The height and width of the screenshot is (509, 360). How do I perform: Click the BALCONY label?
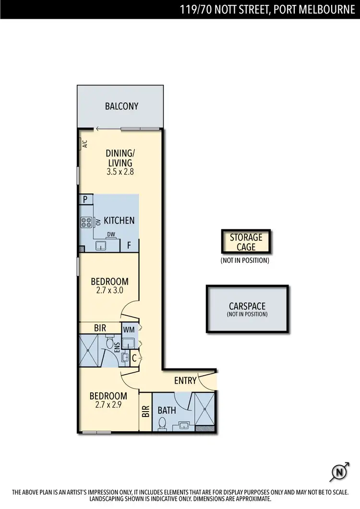121,106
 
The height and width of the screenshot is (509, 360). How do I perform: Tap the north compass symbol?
340,473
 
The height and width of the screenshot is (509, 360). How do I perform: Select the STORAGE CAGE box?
246,242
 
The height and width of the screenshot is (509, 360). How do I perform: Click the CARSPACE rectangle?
247,309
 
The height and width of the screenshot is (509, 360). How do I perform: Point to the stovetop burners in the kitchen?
87,222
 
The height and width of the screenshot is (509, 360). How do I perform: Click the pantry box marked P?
86,200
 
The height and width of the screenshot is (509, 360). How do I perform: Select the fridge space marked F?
129,246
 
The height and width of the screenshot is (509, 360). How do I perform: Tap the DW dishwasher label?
111,235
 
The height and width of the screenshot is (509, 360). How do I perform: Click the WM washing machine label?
129,330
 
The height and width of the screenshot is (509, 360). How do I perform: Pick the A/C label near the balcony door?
84,143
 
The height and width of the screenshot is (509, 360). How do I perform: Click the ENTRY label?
185,381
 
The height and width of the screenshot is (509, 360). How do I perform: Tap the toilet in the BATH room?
162,423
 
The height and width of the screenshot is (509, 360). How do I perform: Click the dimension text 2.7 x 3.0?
110,290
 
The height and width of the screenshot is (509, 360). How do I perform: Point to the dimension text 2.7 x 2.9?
108,404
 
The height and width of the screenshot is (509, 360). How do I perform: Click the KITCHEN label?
119,221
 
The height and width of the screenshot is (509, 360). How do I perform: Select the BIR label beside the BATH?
145,411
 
